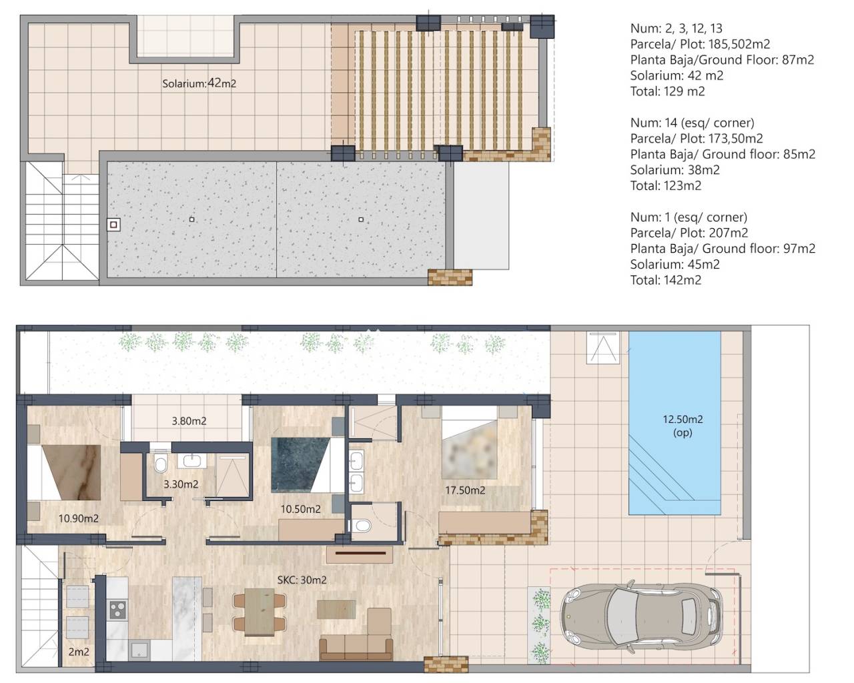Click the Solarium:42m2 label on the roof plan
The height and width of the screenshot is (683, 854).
[199, 83]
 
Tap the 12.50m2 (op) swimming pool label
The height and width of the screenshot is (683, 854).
[683, 426]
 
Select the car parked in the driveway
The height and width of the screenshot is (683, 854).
[641, 618]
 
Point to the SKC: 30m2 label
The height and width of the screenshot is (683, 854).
[302, 580]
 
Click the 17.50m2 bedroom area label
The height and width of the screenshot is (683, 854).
[465, 490]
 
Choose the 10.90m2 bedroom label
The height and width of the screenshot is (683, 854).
[78, 518]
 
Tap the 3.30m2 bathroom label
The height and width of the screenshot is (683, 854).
[181, 484]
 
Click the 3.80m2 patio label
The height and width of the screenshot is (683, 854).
[189, 421]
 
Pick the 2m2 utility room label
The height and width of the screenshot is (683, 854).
[79, 652]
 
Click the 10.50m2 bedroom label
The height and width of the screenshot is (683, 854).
[300, 509]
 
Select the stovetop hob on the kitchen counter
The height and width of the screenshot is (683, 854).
[117, 610]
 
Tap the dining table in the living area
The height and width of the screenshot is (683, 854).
[260, 612]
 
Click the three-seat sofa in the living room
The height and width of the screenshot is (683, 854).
[356, 647]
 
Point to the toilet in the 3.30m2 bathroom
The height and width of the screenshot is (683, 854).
[160, 463]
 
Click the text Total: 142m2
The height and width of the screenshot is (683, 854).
[665, 280]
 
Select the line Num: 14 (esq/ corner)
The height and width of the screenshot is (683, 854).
[692, 123]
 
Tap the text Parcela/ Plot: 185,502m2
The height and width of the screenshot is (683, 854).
[700, 44]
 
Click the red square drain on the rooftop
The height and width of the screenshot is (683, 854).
[114, 225]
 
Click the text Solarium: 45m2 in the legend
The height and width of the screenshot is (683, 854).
[675, 264]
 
